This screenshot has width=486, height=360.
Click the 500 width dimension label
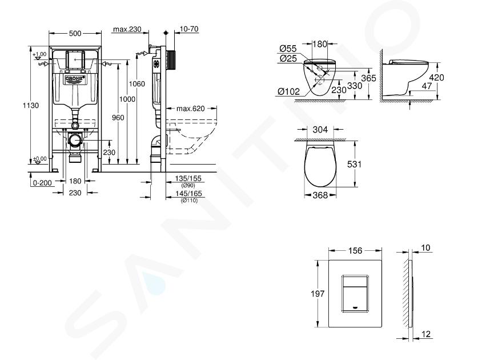tap(75, 33)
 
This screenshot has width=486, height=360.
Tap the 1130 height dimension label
tap(31, 105)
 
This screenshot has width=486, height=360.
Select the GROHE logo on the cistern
tap(75, 79)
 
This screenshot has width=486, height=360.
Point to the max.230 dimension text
tap(127, 29)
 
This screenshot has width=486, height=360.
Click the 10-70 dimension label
tap(189, 29)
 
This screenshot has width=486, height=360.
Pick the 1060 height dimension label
tap(136, 84)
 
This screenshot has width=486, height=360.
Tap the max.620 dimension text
tap(191, 109)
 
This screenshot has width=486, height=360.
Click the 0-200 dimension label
tap(42, 183)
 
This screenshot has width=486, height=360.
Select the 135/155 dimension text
tap(188, 178)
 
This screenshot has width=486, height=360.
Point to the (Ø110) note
tap(189, 201)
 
